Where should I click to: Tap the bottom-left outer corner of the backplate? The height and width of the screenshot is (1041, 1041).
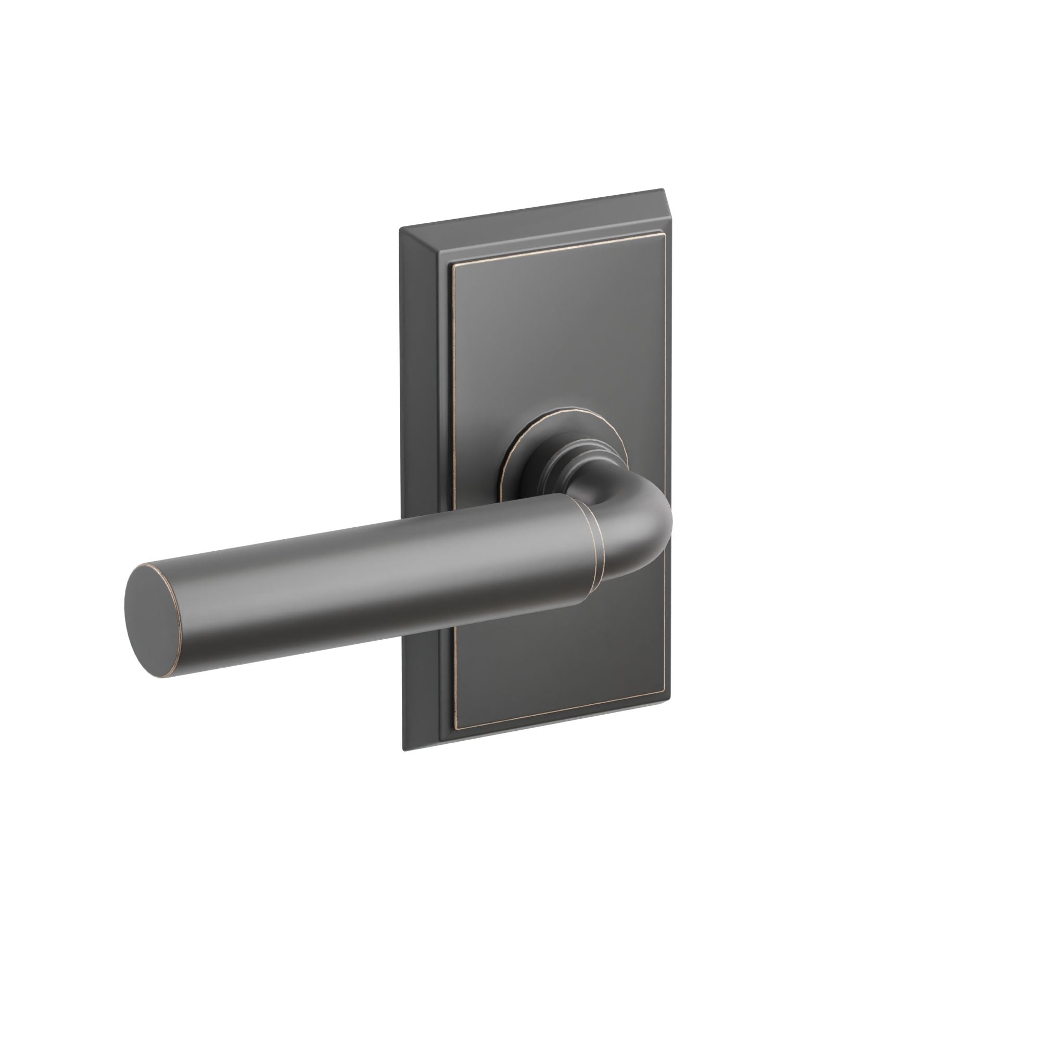pos(403,750)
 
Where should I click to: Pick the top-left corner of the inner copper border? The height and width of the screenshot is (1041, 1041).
pos(453,266)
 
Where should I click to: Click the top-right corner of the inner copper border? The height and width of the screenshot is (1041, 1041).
pos(659,235)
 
